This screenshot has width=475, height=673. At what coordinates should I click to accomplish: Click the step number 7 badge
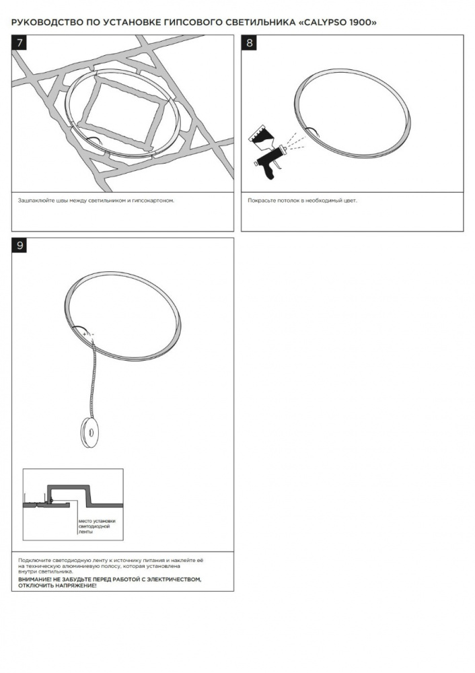point(19,42)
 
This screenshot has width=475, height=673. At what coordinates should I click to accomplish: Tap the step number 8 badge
point(249,42)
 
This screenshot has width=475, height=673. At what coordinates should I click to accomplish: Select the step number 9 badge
point(19,245)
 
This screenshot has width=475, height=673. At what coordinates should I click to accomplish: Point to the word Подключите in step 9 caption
point(32,561)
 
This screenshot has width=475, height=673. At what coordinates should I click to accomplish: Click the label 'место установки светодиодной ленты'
point(96,527)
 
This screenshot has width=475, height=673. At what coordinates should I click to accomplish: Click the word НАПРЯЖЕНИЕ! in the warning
point(77,586)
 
